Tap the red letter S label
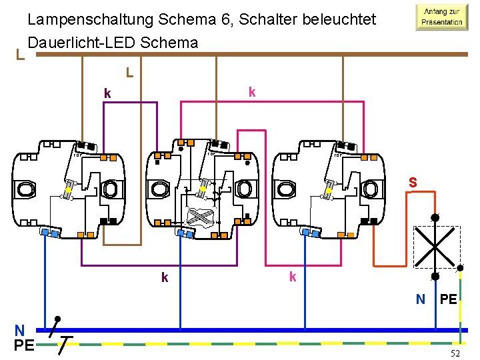click(413, 181)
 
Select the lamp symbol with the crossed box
click(435, 245)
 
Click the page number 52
click(455, 353)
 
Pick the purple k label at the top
click(107, 93)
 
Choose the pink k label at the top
click(251, 91)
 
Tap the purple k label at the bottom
click(165, 277)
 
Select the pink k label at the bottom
click(292, 276)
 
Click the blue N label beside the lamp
click(421, 299)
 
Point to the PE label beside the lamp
click(449, 299)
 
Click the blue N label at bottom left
click(20, 329)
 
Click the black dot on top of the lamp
click(435, 217)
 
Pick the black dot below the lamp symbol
click(435, 275)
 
